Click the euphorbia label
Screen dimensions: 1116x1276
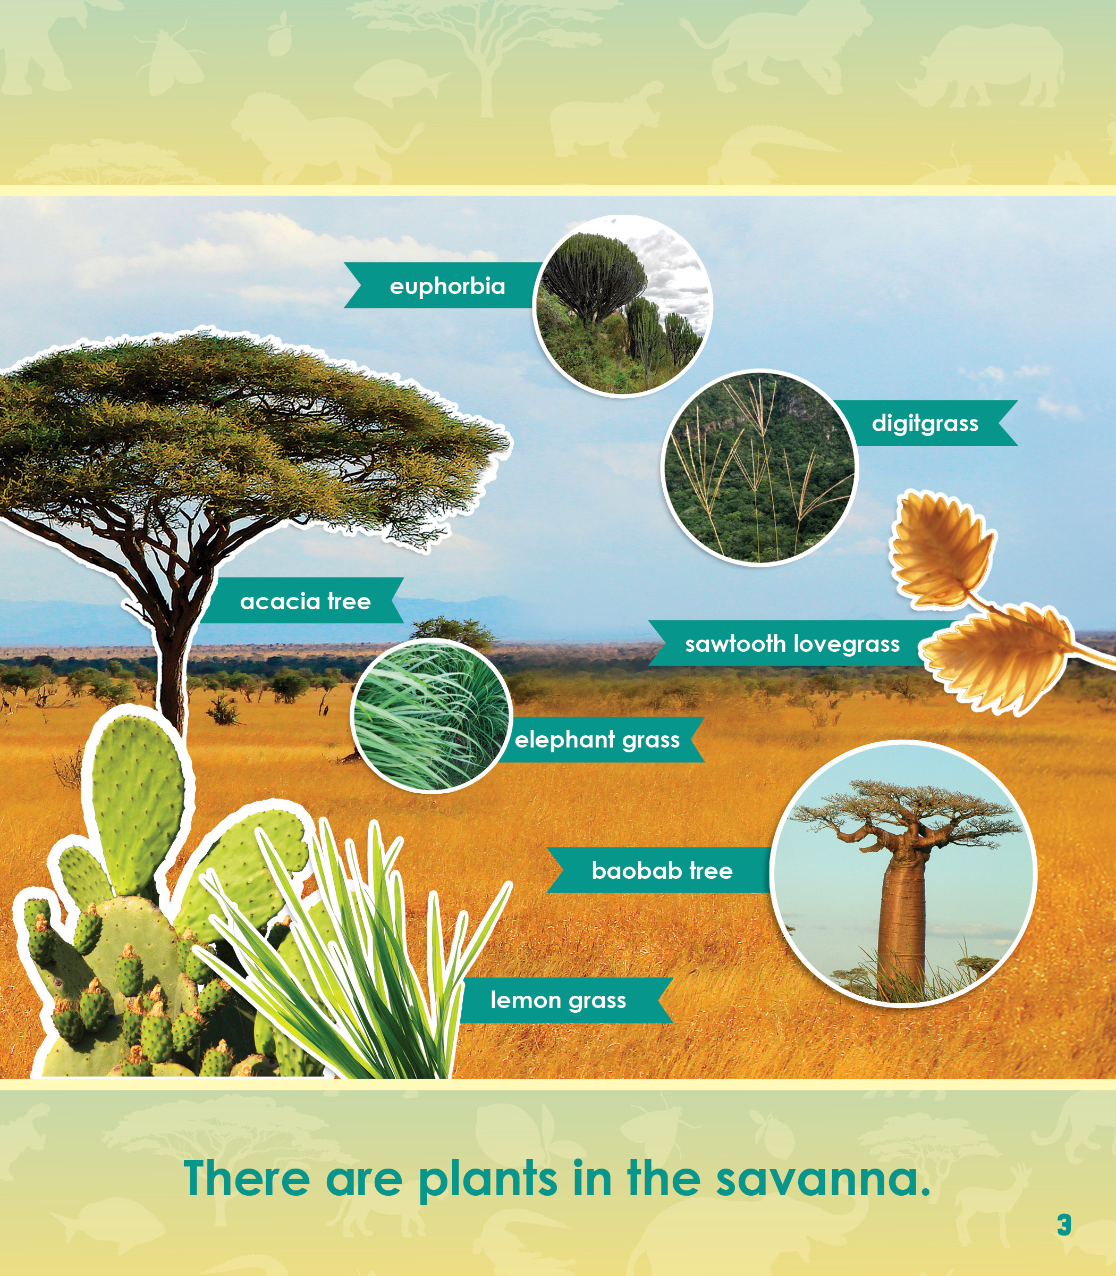tap(447, 286)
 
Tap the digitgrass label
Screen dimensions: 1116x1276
tap(925, 423)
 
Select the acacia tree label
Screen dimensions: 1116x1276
tap(305, 601)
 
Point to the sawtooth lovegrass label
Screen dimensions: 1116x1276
tap(792, 644)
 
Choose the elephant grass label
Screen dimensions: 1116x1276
tap(597, 740)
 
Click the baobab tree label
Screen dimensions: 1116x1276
tap(662, 870)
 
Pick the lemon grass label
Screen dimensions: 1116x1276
tap(558, 1000)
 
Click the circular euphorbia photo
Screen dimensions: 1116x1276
tap(623, 305)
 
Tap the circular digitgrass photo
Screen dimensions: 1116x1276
tap(760, 467)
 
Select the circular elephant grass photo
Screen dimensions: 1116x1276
tap(431, 715)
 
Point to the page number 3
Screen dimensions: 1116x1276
tap(1064, 1225)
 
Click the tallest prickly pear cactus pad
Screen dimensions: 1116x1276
tap(138, 804)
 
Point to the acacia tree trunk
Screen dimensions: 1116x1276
tap(171, 673)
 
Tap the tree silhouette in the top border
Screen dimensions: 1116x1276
tap(486, 56)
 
